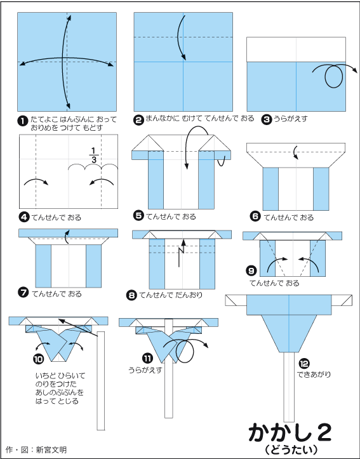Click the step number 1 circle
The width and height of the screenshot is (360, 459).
(x=22, y=121)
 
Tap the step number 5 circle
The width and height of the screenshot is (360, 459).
(x=138, y=216)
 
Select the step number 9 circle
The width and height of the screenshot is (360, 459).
(x=251, y=270)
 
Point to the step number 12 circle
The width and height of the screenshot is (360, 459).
(x=304, y=364)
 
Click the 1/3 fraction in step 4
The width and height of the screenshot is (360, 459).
(x=93, y=155)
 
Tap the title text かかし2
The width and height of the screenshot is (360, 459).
(x=290, y=433)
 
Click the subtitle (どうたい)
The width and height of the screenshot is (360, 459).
(x=291, y=449)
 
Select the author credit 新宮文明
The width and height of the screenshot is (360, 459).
(x=51, y=449)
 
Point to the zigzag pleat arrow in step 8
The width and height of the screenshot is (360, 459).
(x=182, y=253)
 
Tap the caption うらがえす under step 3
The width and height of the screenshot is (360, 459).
(x=290, y=119)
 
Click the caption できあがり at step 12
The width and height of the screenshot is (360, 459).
(x=314, y=375)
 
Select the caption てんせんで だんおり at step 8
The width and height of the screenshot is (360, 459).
(x=171, y=295)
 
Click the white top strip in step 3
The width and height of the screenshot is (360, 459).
(x=296, y=50)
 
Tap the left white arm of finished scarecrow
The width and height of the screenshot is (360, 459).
(x=236, y=300)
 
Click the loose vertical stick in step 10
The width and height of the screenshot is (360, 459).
(x=101, y=380)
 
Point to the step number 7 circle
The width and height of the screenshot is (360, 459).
(x=23, y=293)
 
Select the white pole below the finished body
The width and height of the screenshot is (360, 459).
(x=289, y=387)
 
